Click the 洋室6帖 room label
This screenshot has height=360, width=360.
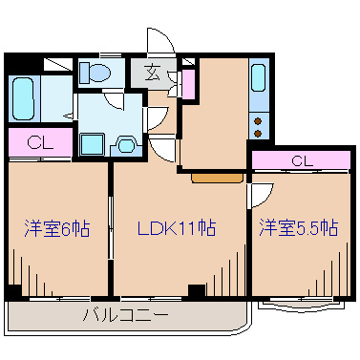pos(56,228)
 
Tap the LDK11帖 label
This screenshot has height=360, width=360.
pos(176,228)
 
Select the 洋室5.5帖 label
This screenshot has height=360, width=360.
pos(297,228)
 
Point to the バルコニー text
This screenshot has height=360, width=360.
pos(125,313)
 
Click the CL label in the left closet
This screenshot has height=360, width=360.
pos(37,143)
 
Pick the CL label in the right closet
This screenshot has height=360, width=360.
pos(300,159)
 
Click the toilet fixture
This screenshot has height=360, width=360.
pos(95,73)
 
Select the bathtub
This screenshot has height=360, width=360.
pos(25,95)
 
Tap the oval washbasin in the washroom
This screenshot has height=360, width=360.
pos(125,145)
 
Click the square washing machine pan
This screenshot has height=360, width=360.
pos(92,144)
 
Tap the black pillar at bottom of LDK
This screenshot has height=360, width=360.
pos(196,291)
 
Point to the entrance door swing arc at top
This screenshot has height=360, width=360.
pos(159,43)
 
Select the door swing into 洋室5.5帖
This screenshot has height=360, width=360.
pos(258,195)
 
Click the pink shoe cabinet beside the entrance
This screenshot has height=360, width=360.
pos(188,84)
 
